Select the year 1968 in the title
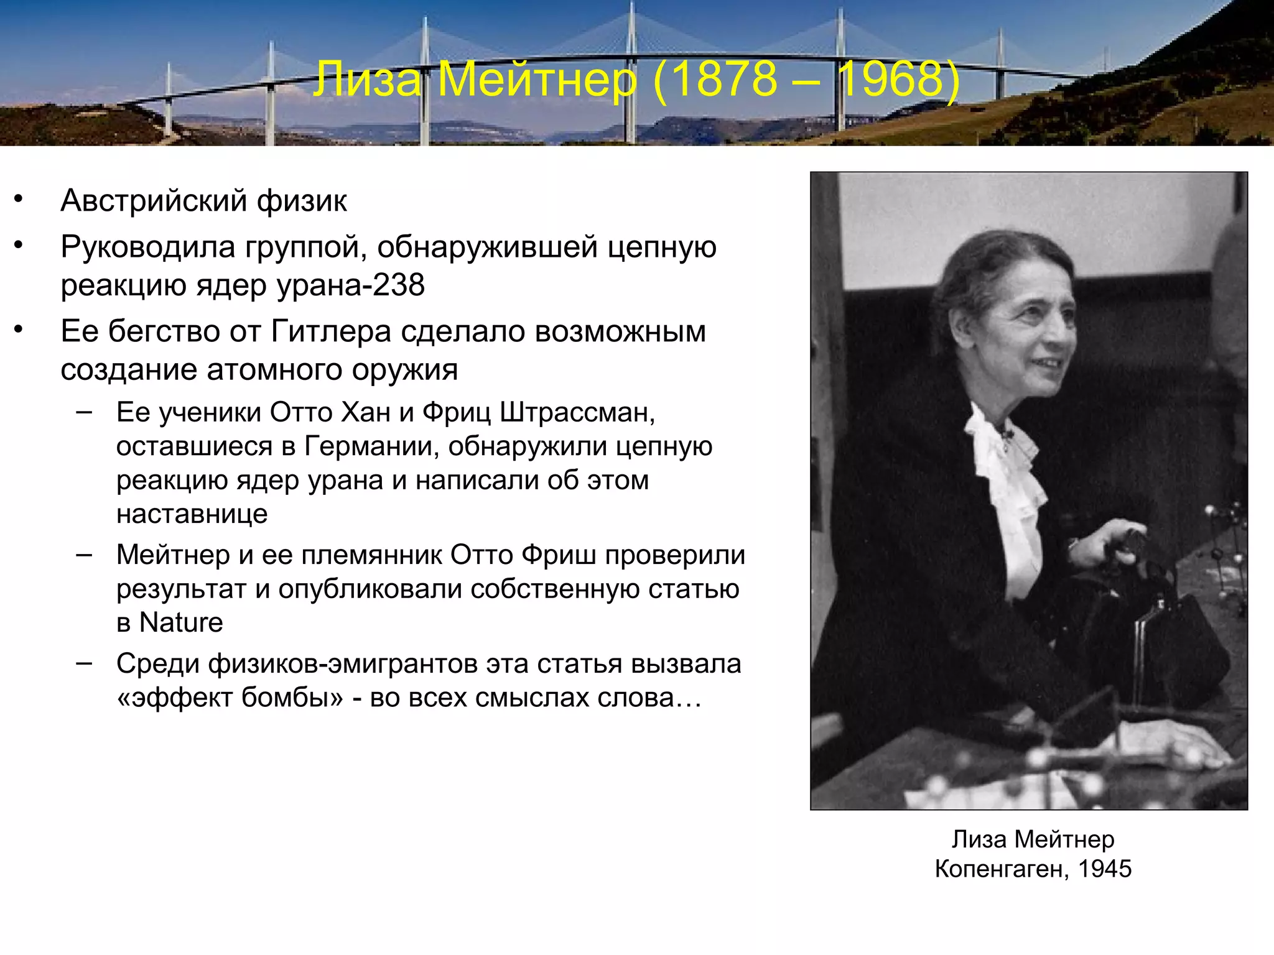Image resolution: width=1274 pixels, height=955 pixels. [x=894, y=80]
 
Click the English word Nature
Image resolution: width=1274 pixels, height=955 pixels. [x=181, y=622]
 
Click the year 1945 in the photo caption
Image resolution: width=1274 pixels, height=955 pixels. [x=1105, y=869]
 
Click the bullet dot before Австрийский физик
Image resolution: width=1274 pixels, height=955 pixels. [x=19, y=200]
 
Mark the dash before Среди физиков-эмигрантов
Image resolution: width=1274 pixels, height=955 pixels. [x=84, y=663]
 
